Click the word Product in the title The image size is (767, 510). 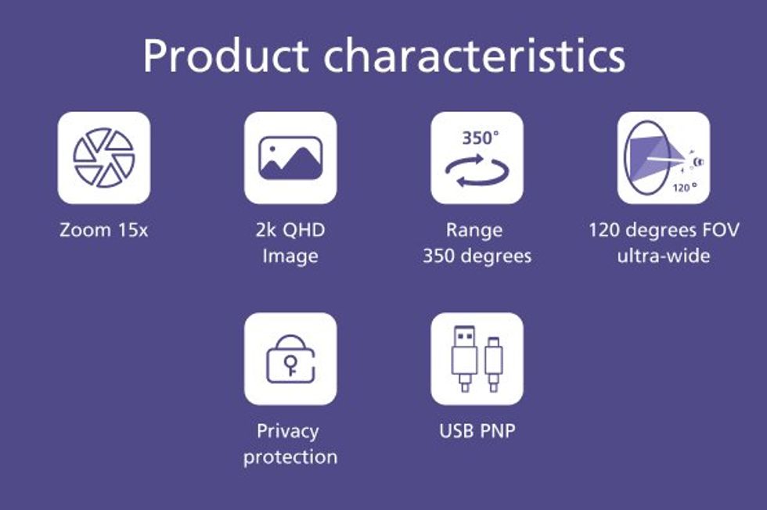(225, 56)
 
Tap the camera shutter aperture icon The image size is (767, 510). (103, 158)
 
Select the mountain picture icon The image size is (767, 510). (290, 157)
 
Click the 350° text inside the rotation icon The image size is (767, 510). (481, 138)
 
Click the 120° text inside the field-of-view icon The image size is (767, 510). (684, 187)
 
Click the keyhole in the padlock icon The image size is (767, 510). (290, 365)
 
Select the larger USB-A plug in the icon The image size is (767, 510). (464, 358)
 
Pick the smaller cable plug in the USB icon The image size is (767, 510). (494, 364)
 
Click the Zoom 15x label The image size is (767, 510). (103, 230)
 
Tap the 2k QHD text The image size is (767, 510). (290, 230)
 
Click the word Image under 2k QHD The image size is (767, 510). (290, 257)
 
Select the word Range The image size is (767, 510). (474, 230)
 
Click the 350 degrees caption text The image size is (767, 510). (477, 257)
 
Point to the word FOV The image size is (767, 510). (721, 230)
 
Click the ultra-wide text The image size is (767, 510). (664, 256)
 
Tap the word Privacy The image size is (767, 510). (288, 432)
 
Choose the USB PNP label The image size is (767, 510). (477, 431)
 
